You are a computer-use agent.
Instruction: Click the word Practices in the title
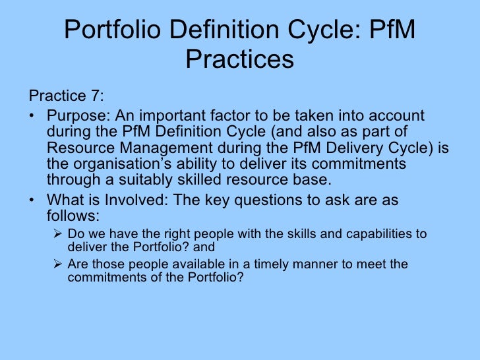point(239,60)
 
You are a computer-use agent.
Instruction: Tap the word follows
point(72,216)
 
